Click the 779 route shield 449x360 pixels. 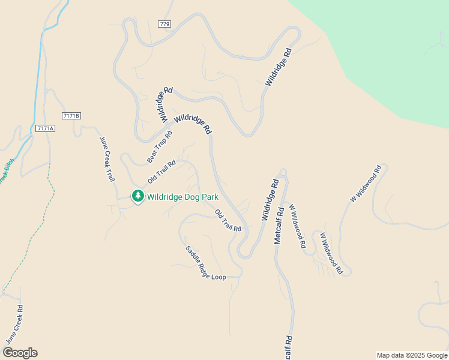pos(165,24)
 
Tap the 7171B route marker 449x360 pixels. pos(71,115)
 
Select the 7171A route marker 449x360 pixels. pos(45,128)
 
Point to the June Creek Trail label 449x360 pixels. pos(107,158)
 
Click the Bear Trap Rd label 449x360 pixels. pos(160,148)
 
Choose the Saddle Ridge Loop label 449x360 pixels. pos(205,263)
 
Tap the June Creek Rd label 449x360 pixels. pos(14,325)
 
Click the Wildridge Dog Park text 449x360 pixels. pos(182,196)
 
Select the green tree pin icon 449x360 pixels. pos(138,196)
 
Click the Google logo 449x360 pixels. pos(20,352)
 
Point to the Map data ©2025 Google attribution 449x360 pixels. pos(412,355)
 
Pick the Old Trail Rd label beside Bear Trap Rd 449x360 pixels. pos(162,172)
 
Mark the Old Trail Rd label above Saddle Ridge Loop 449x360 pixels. pos(228,220)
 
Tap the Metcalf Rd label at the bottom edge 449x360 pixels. pos(289,347)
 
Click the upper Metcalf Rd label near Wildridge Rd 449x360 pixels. pos(279,226)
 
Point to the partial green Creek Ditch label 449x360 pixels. pos(5,174)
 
